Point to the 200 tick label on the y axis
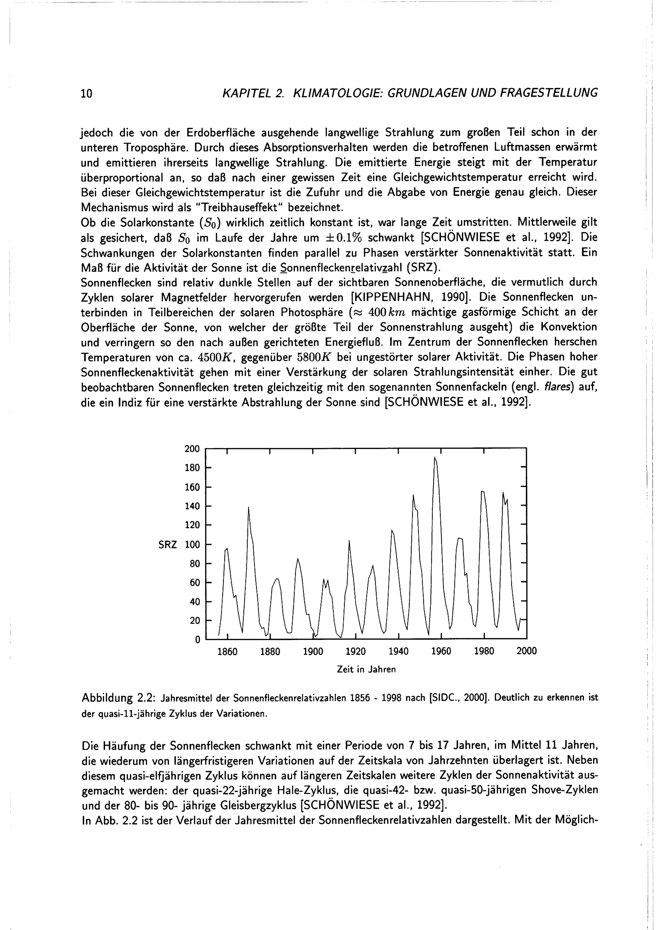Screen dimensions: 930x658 pos(192,449)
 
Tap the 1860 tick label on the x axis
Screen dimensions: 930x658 pos(227,651)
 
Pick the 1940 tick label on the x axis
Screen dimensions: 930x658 pos(398,651)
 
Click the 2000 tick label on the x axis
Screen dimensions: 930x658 pos(526,651)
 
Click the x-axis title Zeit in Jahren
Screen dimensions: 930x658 pos(366,670)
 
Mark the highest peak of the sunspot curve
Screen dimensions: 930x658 pos(435,458)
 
